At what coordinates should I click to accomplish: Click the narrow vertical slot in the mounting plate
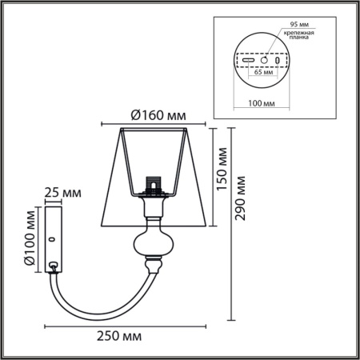tap(277, 60)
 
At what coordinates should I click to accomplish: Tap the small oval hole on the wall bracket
tap(53, 238)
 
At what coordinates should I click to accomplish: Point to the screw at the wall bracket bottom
tap(54, 266)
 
